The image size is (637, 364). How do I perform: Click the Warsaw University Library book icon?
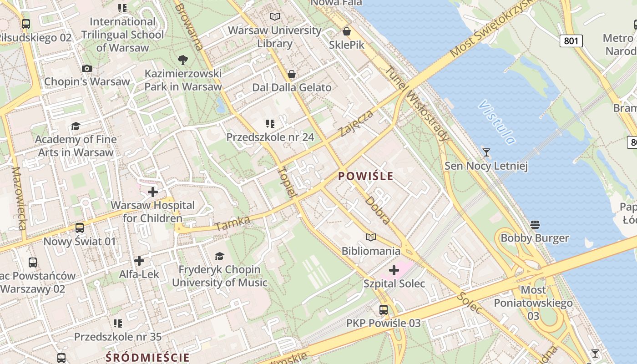click(x=274, y=17)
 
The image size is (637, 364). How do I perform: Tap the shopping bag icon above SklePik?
click(x=347, y=31)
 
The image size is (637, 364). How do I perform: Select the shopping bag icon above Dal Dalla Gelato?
click(x=292, y=74)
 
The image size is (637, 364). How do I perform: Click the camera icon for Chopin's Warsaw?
click(x=87, y=69)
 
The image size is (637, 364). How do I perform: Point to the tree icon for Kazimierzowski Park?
click(x=183, y=60)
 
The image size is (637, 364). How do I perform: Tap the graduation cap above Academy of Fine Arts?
click(x=76, y=126)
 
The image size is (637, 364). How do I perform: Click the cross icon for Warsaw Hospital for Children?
click(x=152, y=192)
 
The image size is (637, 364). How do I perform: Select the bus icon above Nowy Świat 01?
click(x=80, y=227)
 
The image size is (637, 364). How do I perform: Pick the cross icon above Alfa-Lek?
click(x=139, y=261)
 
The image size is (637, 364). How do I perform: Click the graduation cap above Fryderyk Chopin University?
click(x=220, y=256)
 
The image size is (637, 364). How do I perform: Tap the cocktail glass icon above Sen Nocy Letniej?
click(x=486, y=152)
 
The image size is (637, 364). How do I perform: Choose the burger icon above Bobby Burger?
click(x=535, y=224)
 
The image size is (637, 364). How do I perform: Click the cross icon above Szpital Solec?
click(x=394, y=270)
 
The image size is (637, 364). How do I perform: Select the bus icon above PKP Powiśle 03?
click(x=384, y=310)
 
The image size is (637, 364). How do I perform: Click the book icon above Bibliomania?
click(x=371, y=237)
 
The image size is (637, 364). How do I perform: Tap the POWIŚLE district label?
click(x=366, y=176)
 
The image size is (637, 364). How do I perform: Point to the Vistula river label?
click(x=497, y=122)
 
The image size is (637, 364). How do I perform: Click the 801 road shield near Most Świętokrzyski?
click(x=571, y=41)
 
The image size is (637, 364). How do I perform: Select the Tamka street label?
click(x=233, y=223)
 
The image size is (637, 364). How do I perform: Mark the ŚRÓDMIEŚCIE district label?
click(x=147, y=357)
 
